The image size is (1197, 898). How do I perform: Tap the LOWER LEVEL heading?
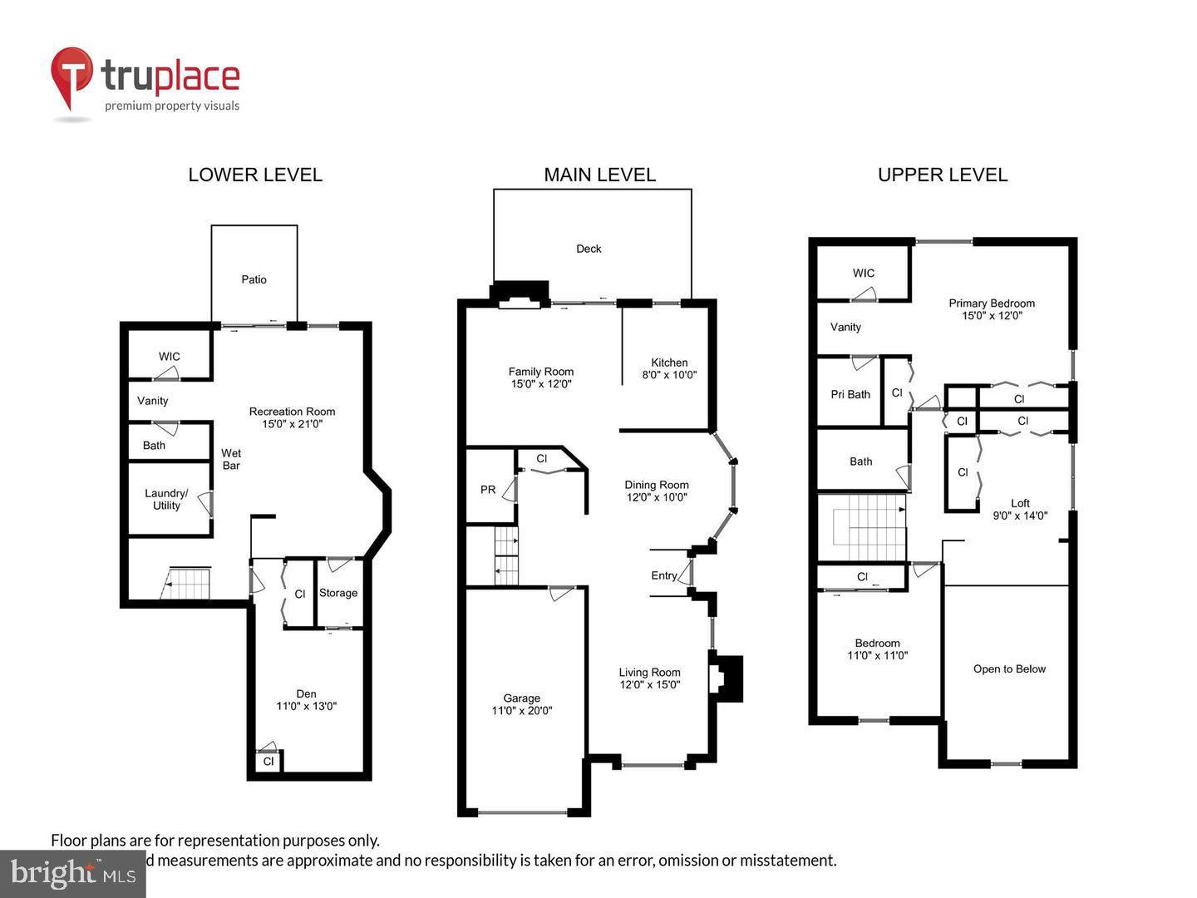(x=255, y=175)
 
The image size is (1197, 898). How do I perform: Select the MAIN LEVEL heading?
(x=599, y=175)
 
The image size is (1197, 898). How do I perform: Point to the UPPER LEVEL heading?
(x=943, y=175)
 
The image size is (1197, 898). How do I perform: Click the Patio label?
(x=254, y=279)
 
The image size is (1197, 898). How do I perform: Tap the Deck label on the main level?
(x=589, y=249)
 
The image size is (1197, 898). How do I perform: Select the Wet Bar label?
(x=231, y=459)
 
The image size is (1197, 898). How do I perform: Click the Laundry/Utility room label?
(x=166, y=499)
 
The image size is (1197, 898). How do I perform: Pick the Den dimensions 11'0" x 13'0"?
(x=306, y=707)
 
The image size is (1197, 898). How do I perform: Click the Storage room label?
(x=337, y=593)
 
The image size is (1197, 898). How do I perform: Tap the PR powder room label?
(x=488, y=490)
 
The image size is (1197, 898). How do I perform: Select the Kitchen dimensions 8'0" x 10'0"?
(x=669, y=375)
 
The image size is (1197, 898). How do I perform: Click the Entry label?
(x=663, y=575)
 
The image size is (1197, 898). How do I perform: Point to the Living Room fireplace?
(x=725, y=678)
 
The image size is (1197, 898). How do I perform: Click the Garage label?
(x=521, y=698)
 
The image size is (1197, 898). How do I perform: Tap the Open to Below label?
(x=1009, y=669)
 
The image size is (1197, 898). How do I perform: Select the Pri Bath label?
(x=850, y=394)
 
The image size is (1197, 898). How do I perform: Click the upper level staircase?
(x=862, y=527)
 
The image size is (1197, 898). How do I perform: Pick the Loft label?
(x=1020, y=503)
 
